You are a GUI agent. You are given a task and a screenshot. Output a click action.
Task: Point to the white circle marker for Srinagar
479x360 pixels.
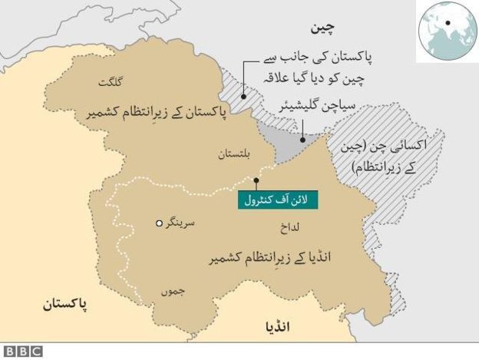tap(159, 223)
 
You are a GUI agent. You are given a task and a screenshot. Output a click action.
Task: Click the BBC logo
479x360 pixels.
tap(21, 352)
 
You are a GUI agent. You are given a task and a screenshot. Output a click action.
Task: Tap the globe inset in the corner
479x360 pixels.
tap(446, 30)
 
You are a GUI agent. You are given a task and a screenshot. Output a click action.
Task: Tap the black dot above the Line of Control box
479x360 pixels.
tap(256, 180)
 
